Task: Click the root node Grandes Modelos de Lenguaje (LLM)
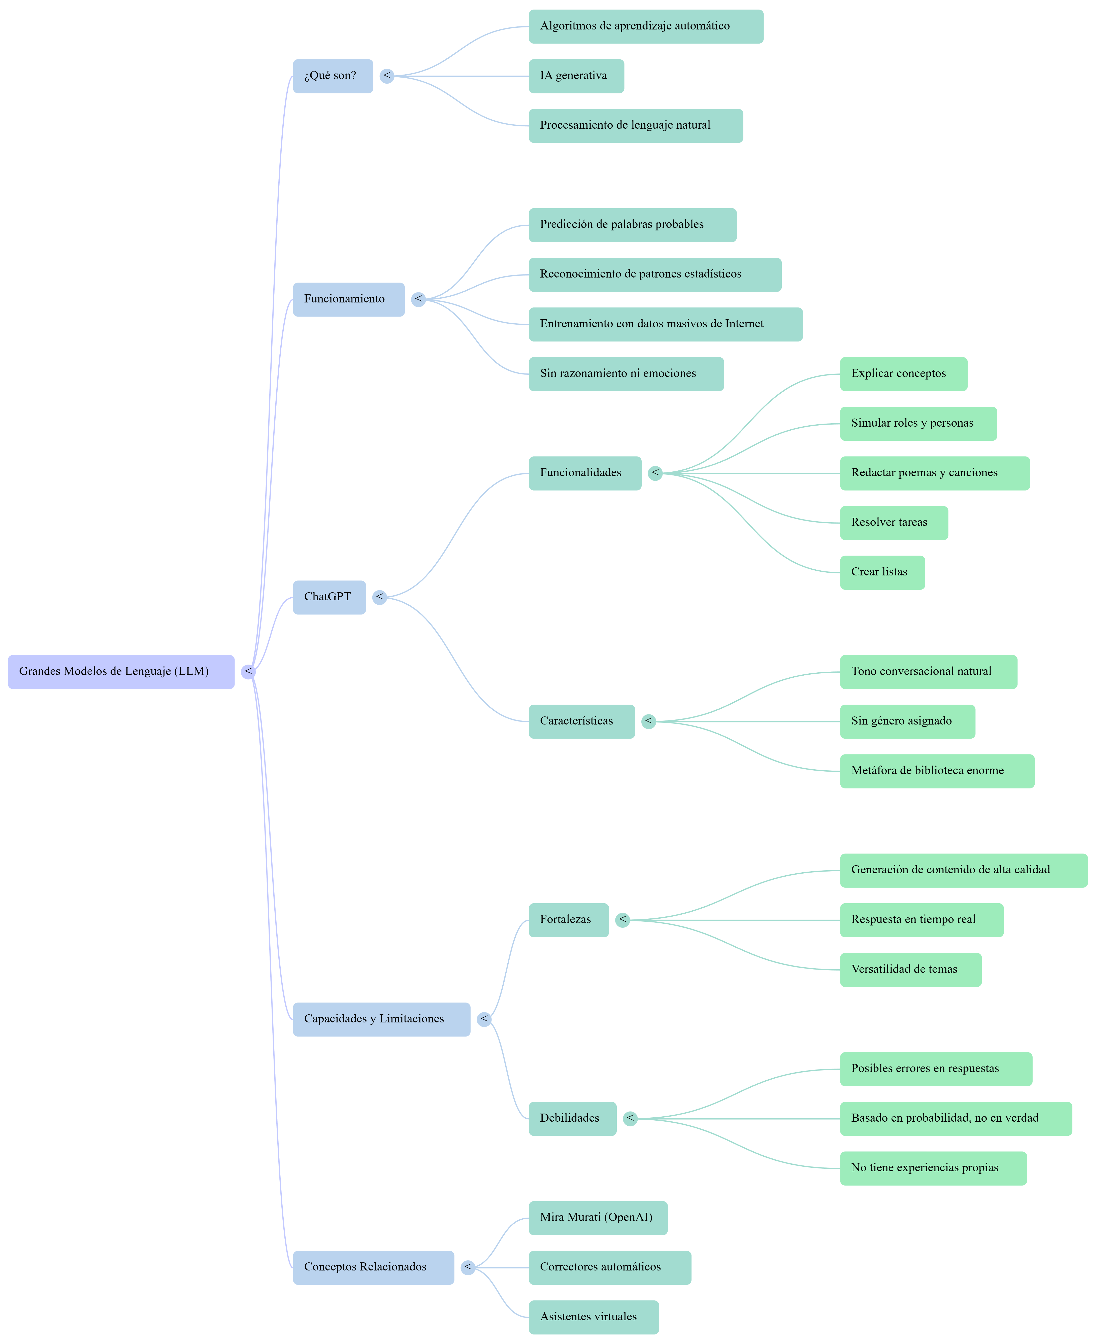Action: pyautogui.click(x=121, y=671)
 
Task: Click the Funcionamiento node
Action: pyautogui.click(x=348, y=299)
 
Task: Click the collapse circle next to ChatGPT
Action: pyautogui.click(x=380, y=597)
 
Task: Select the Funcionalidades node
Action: pyautogui.click(x=584, y=473)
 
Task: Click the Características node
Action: pyautogui.click(x=581, y=721)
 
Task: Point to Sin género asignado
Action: pyautogui.click(x=907, y=721)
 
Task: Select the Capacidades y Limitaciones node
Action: pyautogui.click(x=381, y=1019)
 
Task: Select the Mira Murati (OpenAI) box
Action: pyautogui.click(x=597, y=1217)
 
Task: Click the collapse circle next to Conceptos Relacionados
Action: pyautogui.click(x=468, y=1267)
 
